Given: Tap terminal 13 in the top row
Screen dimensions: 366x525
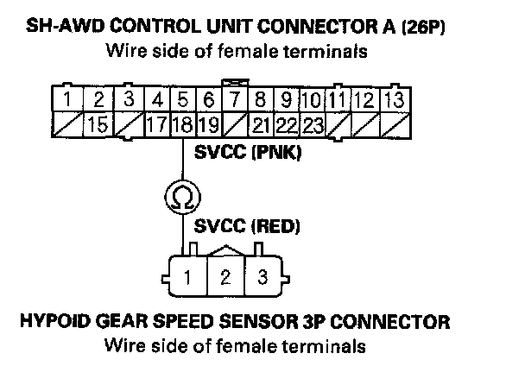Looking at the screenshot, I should pyautogui.click(x=393, y=98).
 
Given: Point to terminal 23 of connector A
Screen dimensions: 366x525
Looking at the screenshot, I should pyautogui.click(x=313, y=124).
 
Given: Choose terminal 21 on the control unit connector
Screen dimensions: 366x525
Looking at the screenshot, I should pyautogui.click(x=261, y=124).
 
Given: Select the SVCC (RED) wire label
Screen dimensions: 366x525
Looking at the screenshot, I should pyautogui.click(x=247, y=227).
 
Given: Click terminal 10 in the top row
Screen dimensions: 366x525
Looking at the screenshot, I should pyautogui.click(x=313, y=98).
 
